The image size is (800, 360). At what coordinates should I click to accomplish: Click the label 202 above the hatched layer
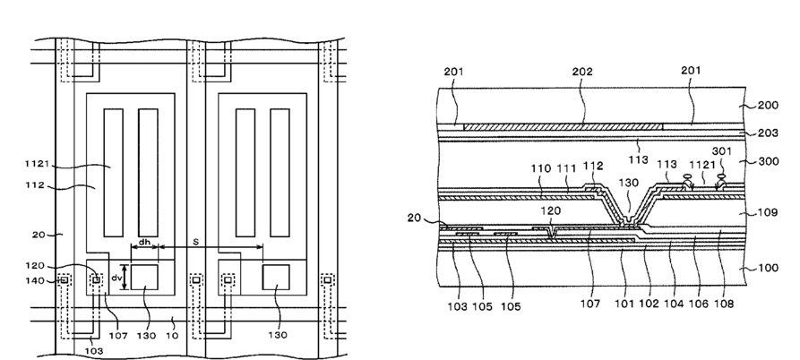pyautogui.click(x=582, y=72)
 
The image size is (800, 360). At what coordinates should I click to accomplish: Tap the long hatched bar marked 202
pyautogui.click(x=563, y=126)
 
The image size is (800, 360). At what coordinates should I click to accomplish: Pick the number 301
pyautogui.click(x=722, y=151)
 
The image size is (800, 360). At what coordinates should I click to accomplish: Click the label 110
pyautogui.click(x=541, y=168)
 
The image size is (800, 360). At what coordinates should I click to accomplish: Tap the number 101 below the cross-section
pyautogui.click(x=624, y=304)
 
